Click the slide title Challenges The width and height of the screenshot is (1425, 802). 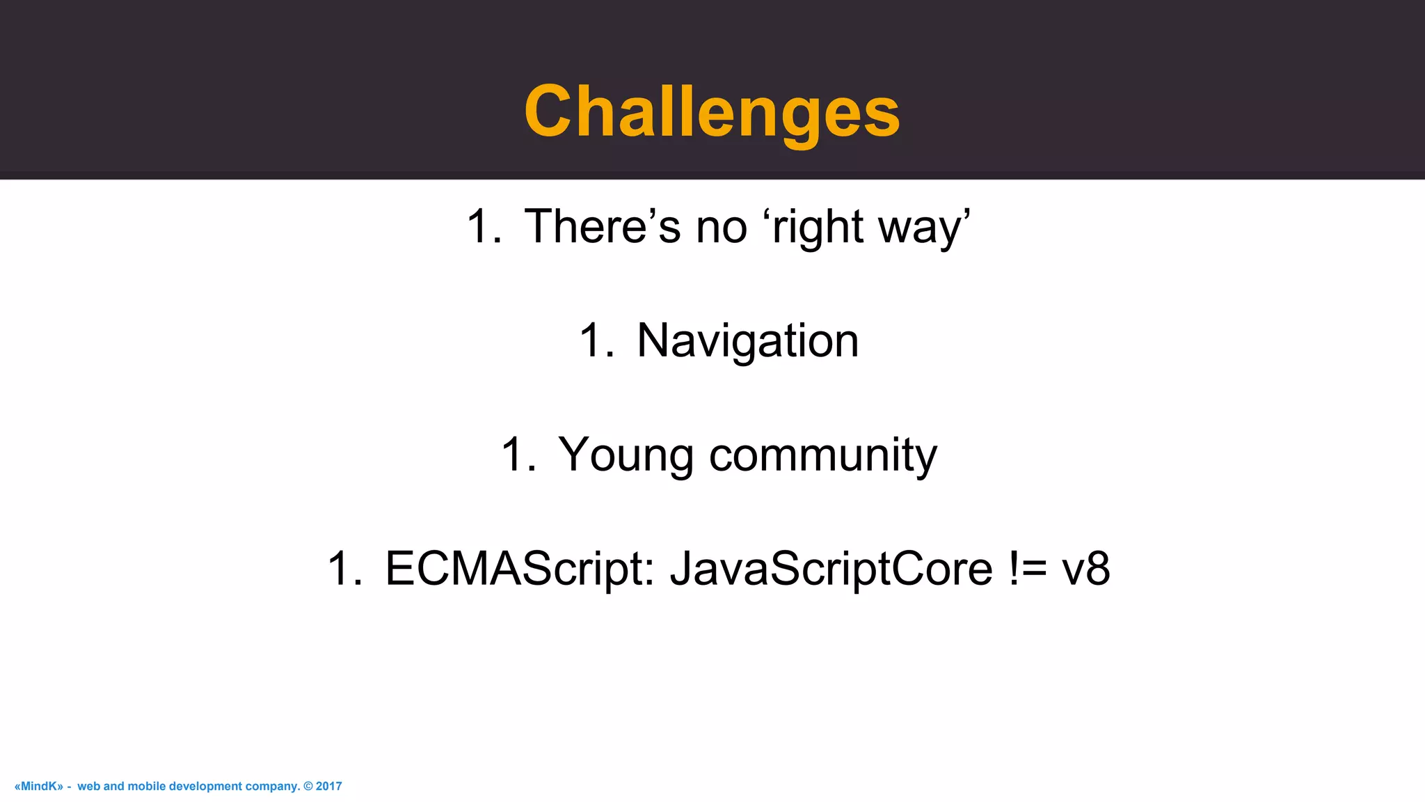click(712, 111)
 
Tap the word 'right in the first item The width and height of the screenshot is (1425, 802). click(813, 228)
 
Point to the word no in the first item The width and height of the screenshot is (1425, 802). click(722, 228)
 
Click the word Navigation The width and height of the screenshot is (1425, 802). click(747, 341)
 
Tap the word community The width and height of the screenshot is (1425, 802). click(822, 455)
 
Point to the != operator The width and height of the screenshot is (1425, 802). click(1027, 569)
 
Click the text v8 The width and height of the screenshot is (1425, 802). click(1085, 569)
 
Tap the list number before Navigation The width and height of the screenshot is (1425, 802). click(596, 341)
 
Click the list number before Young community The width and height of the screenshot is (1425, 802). click(518, 455)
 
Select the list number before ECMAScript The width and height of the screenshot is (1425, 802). click(345, 569)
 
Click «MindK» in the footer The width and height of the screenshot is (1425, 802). click(38, 786)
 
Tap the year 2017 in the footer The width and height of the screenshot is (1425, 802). click(329, 786)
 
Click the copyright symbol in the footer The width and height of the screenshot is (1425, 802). click(308, 786)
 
